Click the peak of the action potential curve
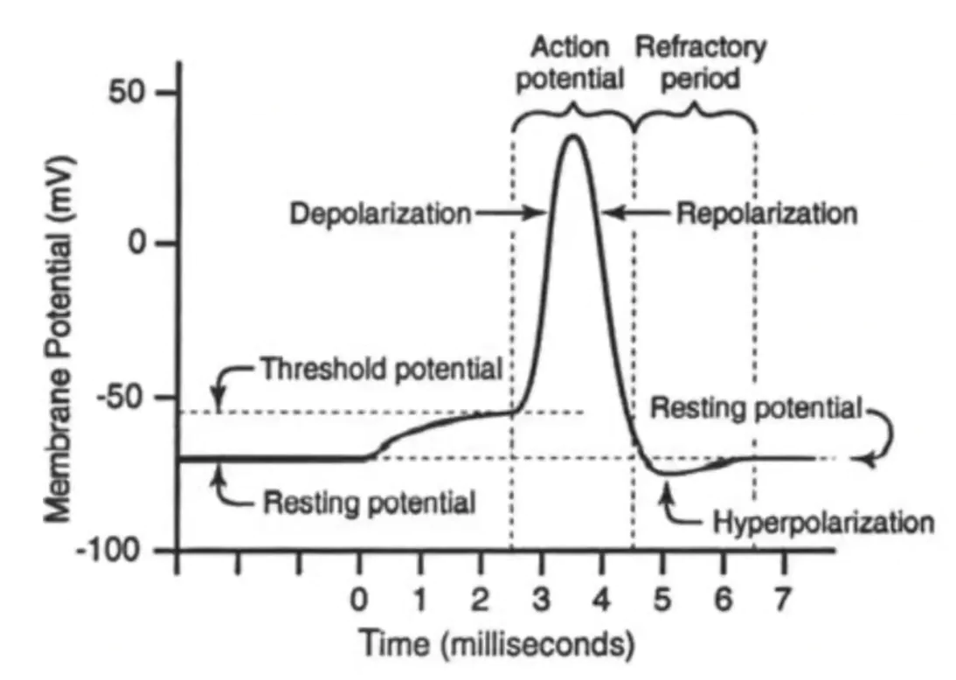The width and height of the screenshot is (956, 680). (x=572, y=135)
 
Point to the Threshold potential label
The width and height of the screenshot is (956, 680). (x=381, y=369)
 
